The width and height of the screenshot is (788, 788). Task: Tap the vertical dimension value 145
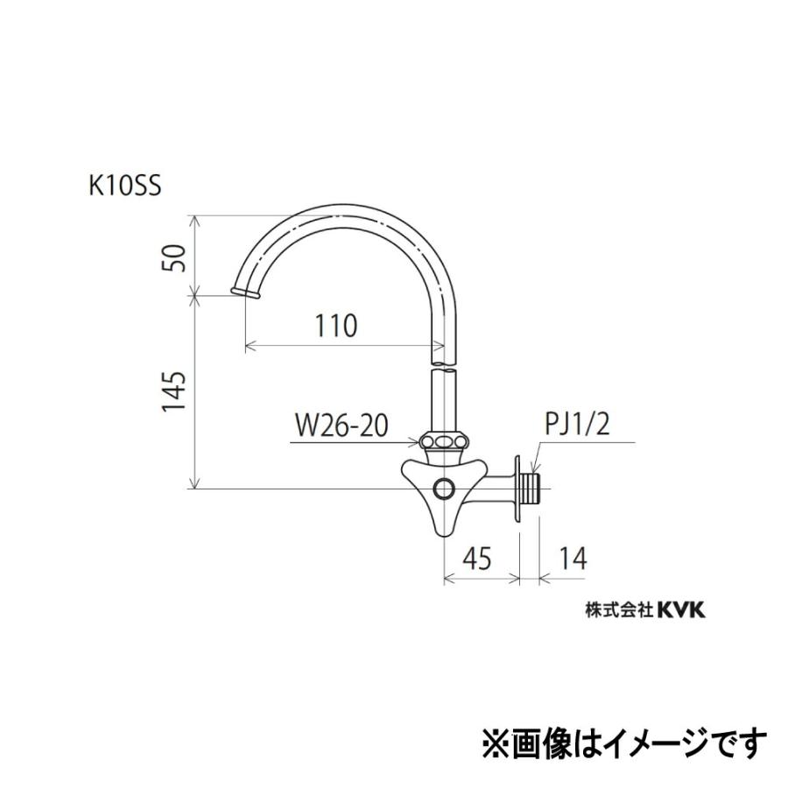pos(174,391)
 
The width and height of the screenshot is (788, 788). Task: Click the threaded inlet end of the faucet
pos(534,488)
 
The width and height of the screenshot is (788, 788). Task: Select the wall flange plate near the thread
pos(521,488)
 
